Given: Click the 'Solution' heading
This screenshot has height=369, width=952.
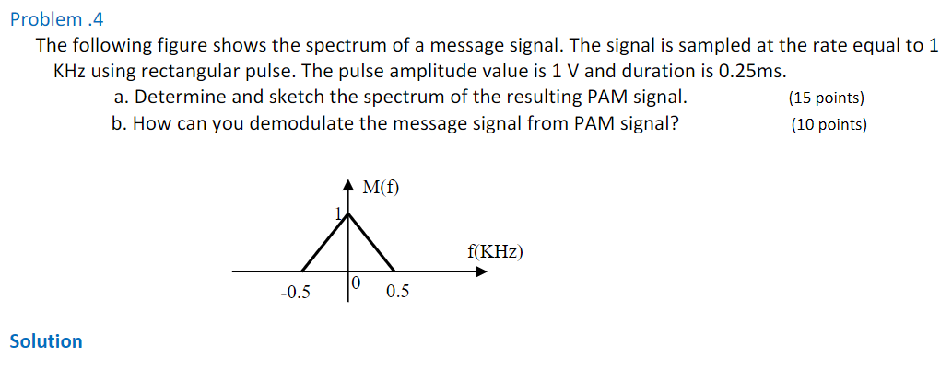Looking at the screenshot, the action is pos(45,341).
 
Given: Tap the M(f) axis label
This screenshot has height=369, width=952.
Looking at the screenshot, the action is pos(381,189).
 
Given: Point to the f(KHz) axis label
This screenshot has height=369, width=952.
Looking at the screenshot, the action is pos(496,250).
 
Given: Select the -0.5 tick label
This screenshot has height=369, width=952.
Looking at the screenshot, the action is pos(295,294).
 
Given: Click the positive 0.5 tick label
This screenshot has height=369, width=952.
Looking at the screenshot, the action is pos(398,294).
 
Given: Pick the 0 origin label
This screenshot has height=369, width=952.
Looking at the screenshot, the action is pos(357,283).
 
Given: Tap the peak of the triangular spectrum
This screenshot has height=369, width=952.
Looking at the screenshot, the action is pos(348,214).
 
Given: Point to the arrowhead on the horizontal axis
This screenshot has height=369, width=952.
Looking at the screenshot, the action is pos(480,271).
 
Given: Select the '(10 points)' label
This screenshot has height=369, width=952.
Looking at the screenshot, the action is pos(829,125).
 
